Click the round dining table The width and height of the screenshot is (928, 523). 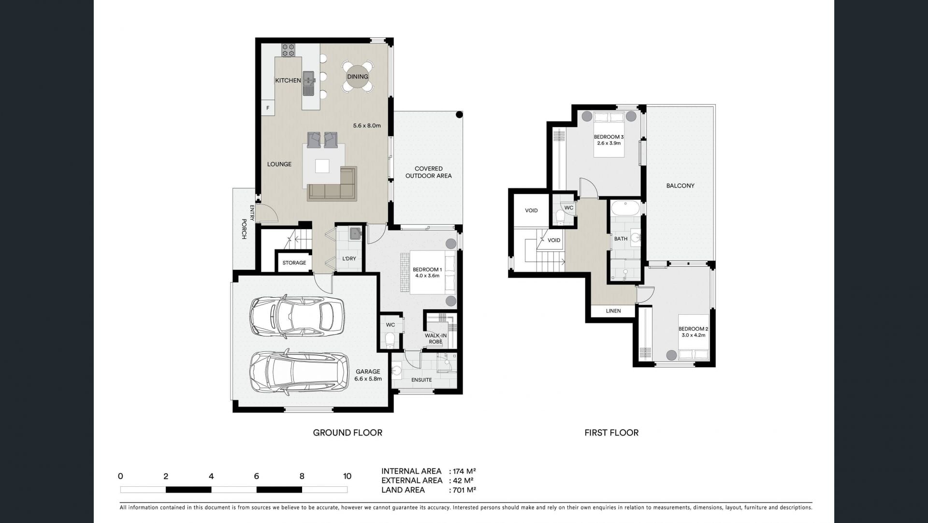point(357,76)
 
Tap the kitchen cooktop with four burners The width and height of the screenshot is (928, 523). point(289,50)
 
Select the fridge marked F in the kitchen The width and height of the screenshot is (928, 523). point(268,108)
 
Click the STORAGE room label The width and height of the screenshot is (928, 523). point(294,263)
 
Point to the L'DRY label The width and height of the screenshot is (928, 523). point(349,259)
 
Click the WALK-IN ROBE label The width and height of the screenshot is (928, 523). point(435,338)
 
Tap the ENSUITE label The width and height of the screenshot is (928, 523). point(421,380)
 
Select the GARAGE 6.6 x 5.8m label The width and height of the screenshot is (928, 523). point(368,375)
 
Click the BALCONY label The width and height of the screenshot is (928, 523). point(680,186)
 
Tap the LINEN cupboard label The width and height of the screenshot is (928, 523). point(613,311)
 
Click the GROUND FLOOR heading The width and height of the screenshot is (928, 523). point(348,433)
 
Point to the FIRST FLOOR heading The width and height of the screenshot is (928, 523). point(611,433)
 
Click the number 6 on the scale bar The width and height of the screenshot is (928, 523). point(256,476)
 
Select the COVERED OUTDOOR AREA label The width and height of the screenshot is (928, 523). point(428,172)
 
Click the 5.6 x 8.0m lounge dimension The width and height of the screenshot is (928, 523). point(367,126)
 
